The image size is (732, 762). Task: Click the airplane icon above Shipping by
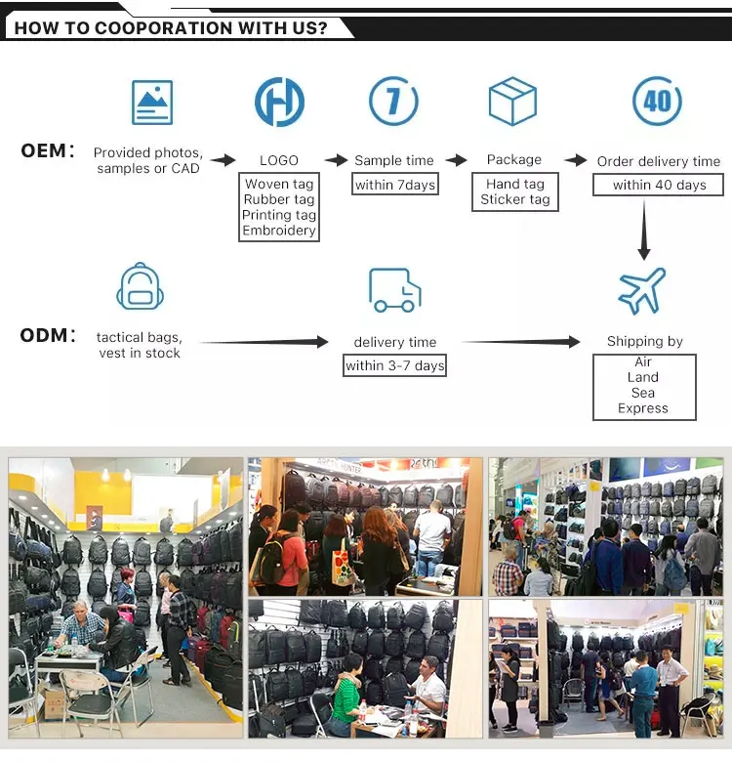pyautogui.click(x=642, y=290)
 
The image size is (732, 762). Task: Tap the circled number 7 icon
pyautogui.click(x=393, y=101)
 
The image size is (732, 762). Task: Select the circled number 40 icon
pyautogui.click(x=657, y=101)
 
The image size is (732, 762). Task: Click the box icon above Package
pyautogui.click(x=513, y=102)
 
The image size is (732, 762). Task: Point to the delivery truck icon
pyautogui.click(x=394, y=289)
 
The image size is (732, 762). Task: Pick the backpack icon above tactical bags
pyautogui.click(x=140, y=288)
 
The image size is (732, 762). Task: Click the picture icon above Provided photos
pyautogui.click(x=152, y=102)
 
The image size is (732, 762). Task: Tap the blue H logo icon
pyautogui.click(x=279, y=102)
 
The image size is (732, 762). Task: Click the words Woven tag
pyautogui.click(x=279, y=185)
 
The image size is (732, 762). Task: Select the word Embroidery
pyautogui.click(x=279, y=231)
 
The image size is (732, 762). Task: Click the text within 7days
pyautogui.click(x=394, y=185)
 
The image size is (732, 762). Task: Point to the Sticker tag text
pyautogui.click(x=514, y=199)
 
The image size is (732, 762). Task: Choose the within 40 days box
pyautogui.click(x=659, y=185)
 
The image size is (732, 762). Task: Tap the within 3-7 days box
pyautogui.click(x=394, y=365)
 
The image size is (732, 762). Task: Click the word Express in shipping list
pyautogui.click(x=643, y=408)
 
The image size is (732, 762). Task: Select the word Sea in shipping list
pyautogui.click(x=643, y=393)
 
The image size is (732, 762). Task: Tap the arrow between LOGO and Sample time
pyautogui.click(x=336, y=160)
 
